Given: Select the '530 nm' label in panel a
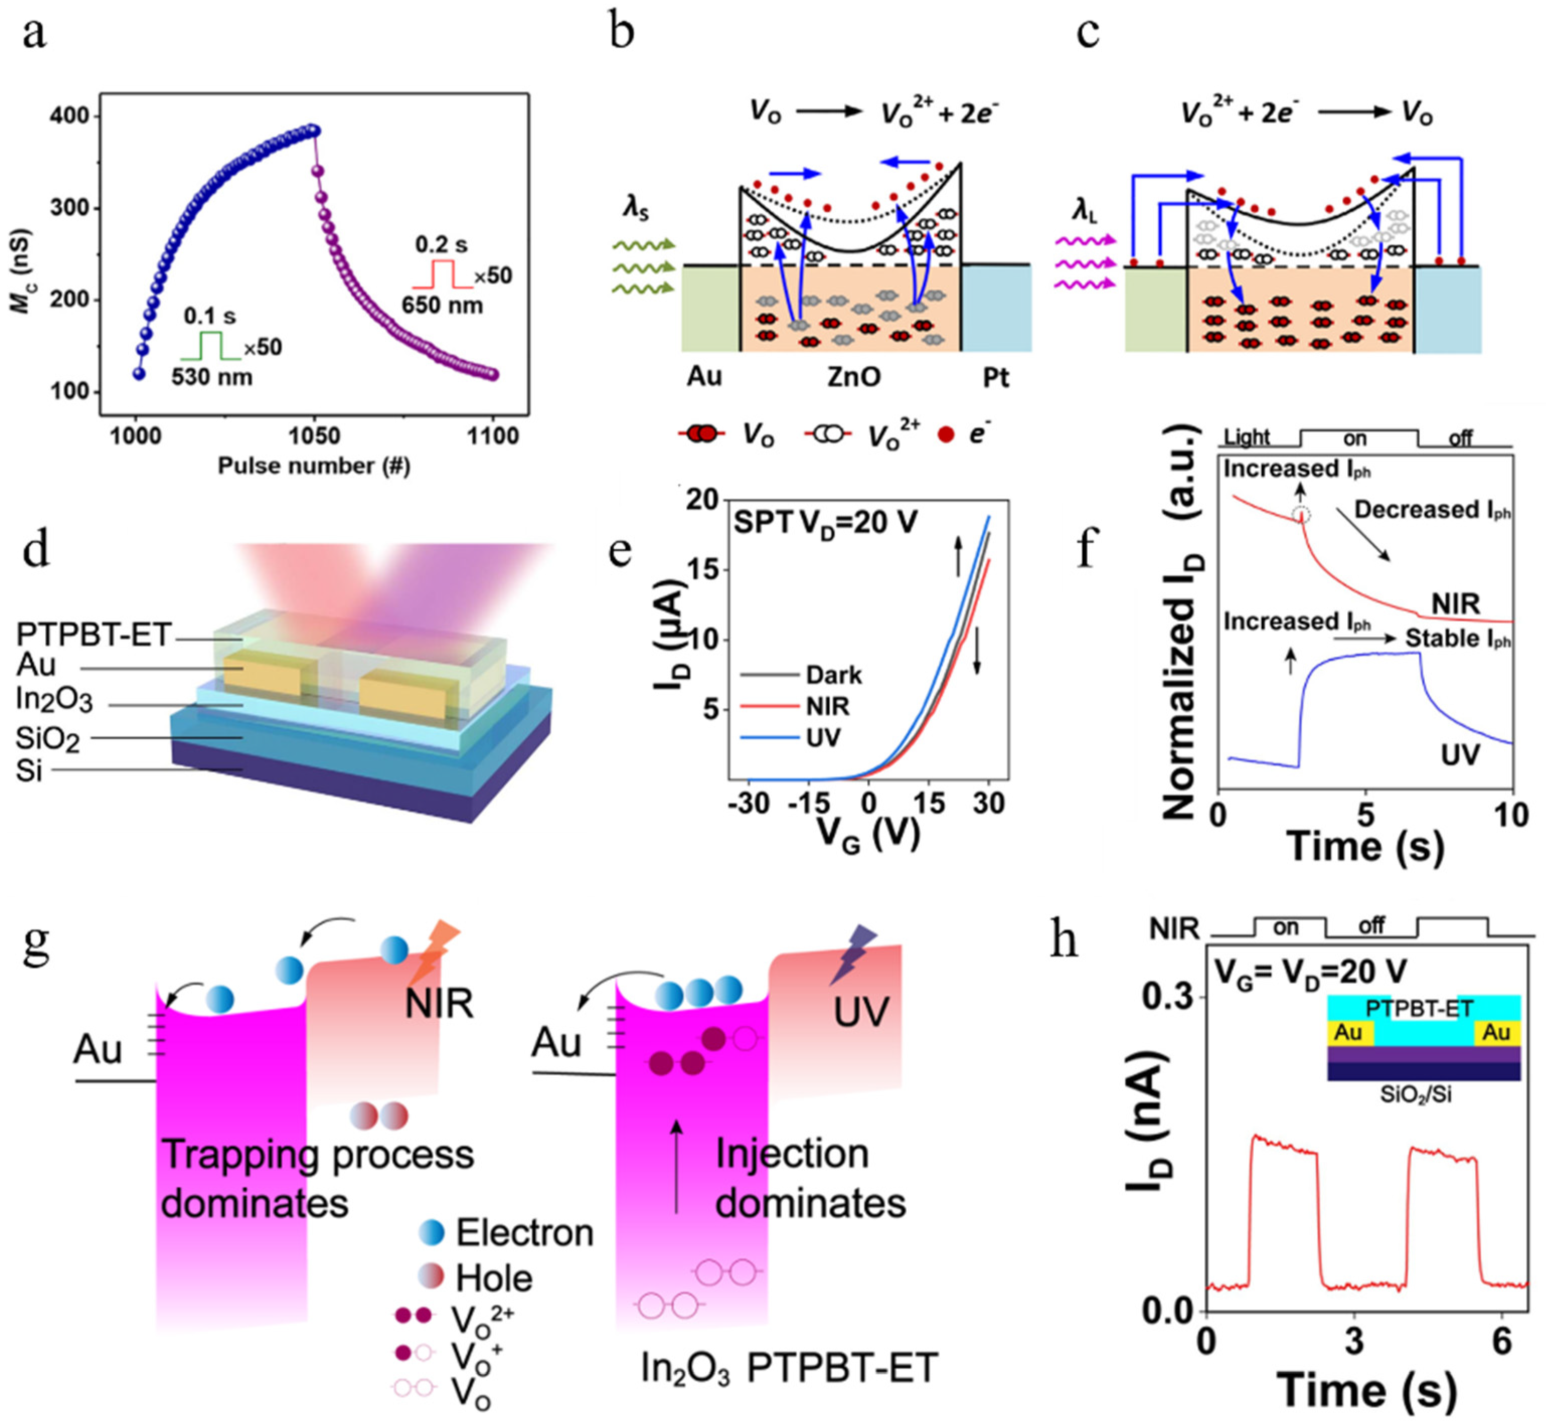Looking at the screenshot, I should tap(211, 377).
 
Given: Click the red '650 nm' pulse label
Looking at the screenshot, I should tap(442, 305).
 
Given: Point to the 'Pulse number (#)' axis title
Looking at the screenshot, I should tap(314, 466).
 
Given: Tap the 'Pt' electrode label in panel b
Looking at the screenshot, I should tap(996, 378).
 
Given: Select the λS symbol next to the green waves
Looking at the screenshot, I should tap(635, 208).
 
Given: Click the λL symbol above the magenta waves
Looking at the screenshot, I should tap(1084, 208).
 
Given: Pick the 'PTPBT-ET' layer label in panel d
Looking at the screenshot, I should tap(93, 635).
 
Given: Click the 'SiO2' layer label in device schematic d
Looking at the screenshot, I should tap(47, 739).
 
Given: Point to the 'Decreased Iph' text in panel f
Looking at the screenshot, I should tap(1432, 511).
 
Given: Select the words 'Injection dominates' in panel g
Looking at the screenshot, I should tap(809, 1178).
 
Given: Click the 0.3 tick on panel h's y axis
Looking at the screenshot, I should tap(1167, 996).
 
